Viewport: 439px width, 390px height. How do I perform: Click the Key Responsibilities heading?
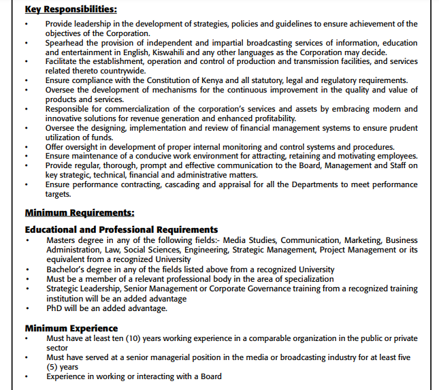click(x=70, y=10)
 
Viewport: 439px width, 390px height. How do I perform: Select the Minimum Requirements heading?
click(x=79, y=213)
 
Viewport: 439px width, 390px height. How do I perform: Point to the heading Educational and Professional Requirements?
click(x=121, y=229)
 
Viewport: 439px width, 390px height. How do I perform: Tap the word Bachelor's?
click(x=67, y=270)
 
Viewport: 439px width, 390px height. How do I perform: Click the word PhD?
click(x=54, y=308)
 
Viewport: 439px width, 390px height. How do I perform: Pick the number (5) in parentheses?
click(x=53, y=367)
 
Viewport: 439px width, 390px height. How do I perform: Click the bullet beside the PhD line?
click(x=27, y=309)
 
